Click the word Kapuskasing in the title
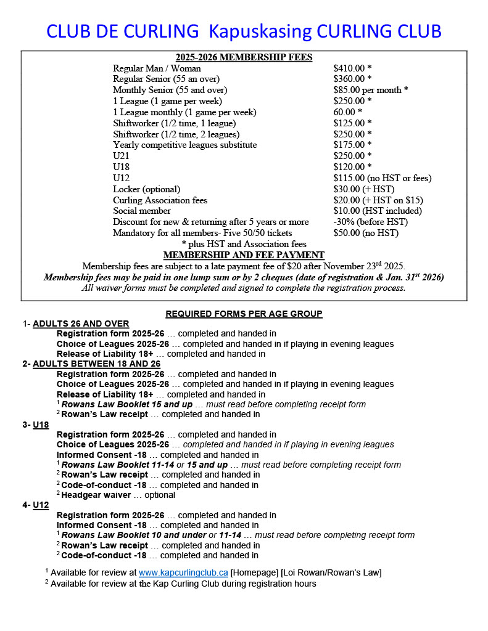coord(264,31)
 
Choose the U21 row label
coord(122,156)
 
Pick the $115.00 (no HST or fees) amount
coord(382,178)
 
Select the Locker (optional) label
coord(147,189)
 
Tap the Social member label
coord(142,211)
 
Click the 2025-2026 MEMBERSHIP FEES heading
coord(244,57)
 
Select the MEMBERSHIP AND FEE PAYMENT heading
coord(244,254)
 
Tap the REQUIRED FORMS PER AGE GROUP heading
coord(244,314)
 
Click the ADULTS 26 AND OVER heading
coord(81,324)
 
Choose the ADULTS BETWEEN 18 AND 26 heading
coord(96,364)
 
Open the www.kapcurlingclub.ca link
coord(183,572)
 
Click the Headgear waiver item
coord(94,495)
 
